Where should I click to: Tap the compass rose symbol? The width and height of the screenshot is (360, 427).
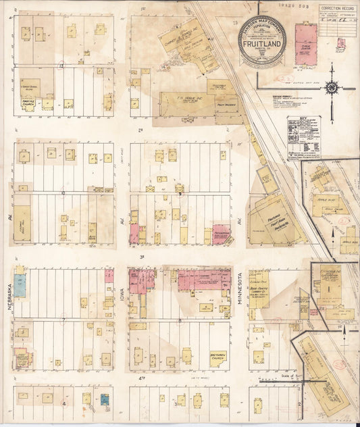pyautogui.click(x=332, y=87)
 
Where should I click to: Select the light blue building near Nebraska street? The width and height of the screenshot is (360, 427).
pyautogui.click(x=20, y=285)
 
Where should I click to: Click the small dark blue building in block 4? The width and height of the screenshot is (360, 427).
pyautogui.click(x=105, y=399)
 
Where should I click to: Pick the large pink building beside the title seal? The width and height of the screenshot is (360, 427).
pyautogui.click(x=305, y=44)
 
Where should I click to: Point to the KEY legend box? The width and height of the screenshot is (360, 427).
pyautogui.click(x=303, y=137)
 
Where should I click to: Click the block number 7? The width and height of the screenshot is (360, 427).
pyautogui.click(x=63, y=319)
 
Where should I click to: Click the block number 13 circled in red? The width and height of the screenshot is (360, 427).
pyautogui.click(x=61, y=66)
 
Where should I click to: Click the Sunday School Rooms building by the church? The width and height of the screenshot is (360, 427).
pyautogui.click(x=28, y=88)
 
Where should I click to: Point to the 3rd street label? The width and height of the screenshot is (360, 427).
pyautogui.click(x=142, y=257)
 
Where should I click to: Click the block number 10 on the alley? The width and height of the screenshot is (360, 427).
pyautogui.click(x=63, y=193)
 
